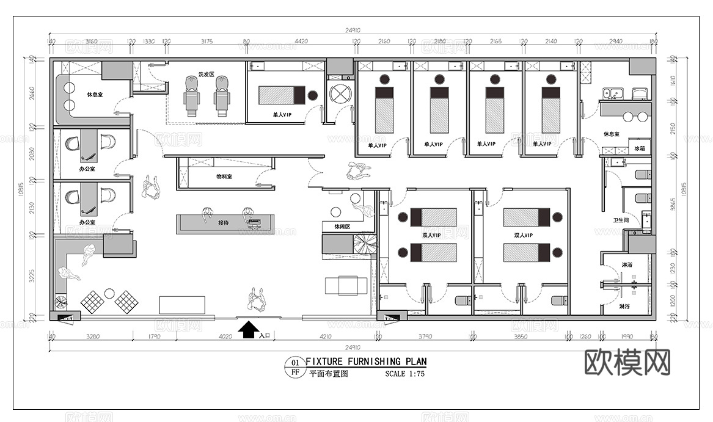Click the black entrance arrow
(247, 330)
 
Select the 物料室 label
(224, 176)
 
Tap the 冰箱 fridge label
(639, 149)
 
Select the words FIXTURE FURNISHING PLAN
(366, 362)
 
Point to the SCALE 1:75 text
(404, 374)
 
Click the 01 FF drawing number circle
(294, 367)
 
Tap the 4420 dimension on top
(301, 42)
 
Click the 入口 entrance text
(265, 335)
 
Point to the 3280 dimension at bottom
(93, 336)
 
